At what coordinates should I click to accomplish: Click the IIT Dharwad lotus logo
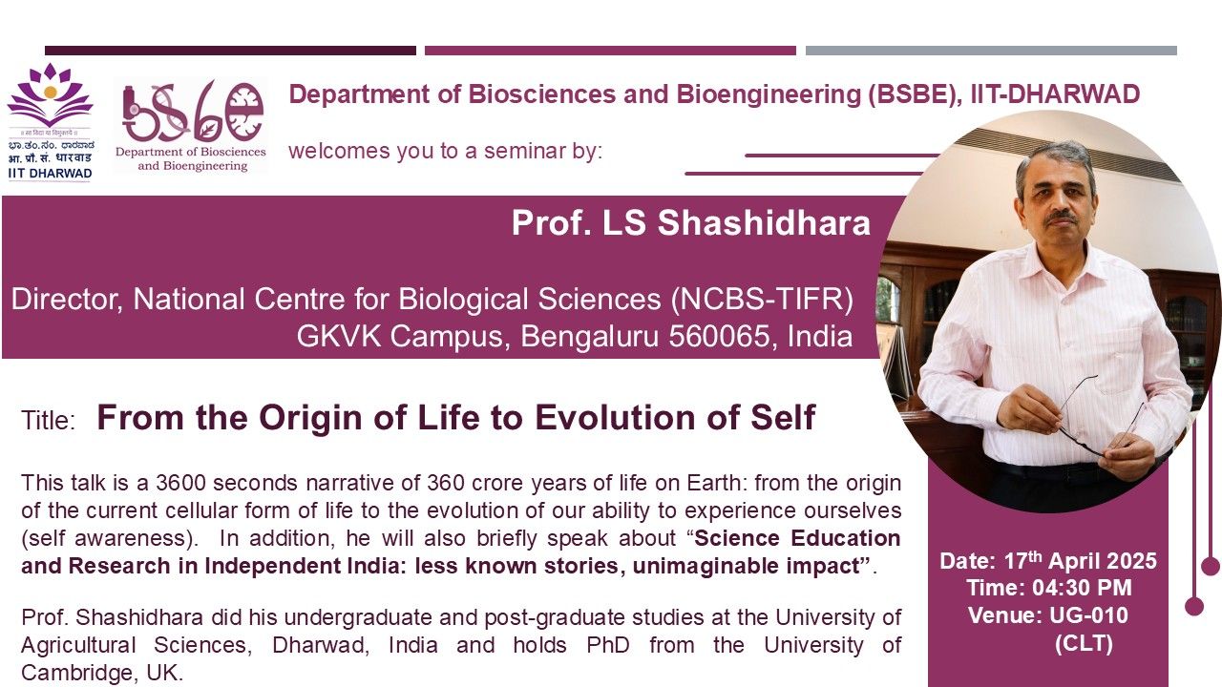[51, 95]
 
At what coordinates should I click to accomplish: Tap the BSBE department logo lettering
[193, 112]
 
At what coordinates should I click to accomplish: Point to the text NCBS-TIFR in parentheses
[762, 300]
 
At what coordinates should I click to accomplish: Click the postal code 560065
[720, 336]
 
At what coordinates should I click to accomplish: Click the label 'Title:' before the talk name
[48, 421]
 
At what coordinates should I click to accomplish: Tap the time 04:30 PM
[1082, 588]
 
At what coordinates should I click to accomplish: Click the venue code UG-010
[1088, 615]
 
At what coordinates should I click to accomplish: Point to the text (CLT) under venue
[1084, 643]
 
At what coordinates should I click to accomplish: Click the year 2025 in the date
[1132, 561]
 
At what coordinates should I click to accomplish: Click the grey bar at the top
[991, 51]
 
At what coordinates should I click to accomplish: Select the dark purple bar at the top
[230, 51]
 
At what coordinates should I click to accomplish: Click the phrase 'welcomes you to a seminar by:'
[445, 151]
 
